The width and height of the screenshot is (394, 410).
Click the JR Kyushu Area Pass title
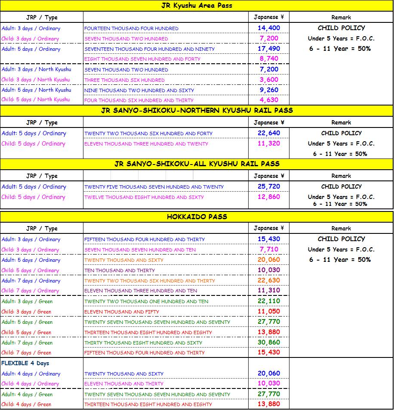(x=197, y=6)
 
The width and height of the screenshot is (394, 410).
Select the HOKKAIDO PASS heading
(x=197, y=217)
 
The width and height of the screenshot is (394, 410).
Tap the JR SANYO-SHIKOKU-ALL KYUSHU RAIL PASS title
(x=197, y=164)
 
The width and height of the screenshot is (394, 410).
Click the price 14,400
(x=269, y=28)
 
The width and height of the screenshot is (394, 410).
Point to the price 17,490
(x=269, y=49)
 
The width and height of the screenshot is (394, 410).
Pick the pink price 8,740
(x=269, y=59)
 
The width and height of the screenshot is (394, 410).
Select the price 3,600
(x=269, y=80)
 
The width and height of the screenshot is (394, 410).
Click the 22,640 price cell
(x=269, y=133)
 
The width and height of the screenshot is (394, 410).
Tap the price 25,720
(x=269, y=186)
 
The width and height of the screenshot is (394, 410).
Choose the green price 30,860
(x=269, y=342)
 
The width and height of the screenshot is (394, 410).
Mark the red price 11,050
(x=269, y=311)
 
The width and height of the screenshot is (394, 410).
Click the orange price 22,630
(x=269, y=280)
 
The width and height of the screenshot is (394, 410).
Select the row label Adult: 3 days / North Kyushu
(x=36, y=69)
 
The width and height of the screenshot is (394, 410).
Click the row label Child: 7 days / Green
(x=26, y=353)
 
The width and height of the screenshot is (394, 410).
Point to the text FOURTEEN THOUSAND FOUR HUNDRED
(x=131, y=28)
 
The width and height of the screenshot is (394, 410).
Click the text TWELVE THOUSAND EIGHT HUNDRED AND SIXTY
(x=144, y=197)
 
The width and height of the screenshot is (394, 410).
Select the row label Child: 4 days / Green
(x=26, y=404)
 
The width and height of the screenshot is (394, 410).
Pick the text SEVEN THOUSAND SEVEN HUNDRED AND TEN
(x=140, y=250)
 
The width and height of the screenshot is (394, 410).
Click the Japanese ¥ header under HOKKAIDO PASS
(x=269, y=228)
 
